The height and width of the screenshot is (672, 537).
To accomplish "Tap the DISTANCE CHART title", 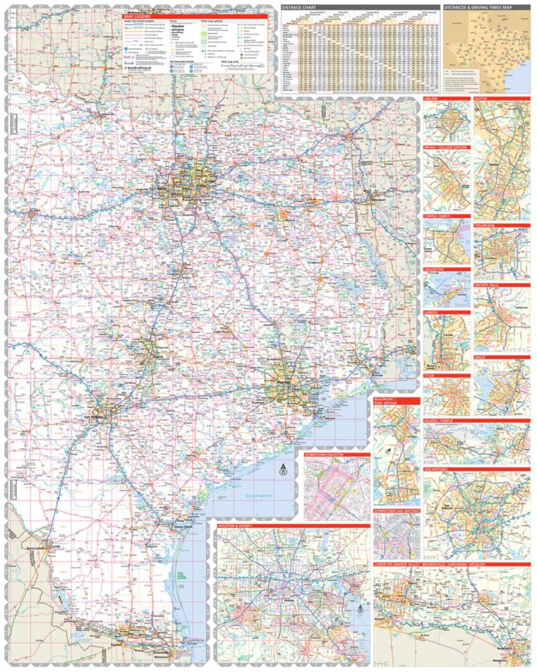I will coord(298,7).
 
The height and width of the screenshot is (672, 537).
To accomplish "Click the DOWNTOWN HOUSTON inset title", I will coord(324,455).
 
